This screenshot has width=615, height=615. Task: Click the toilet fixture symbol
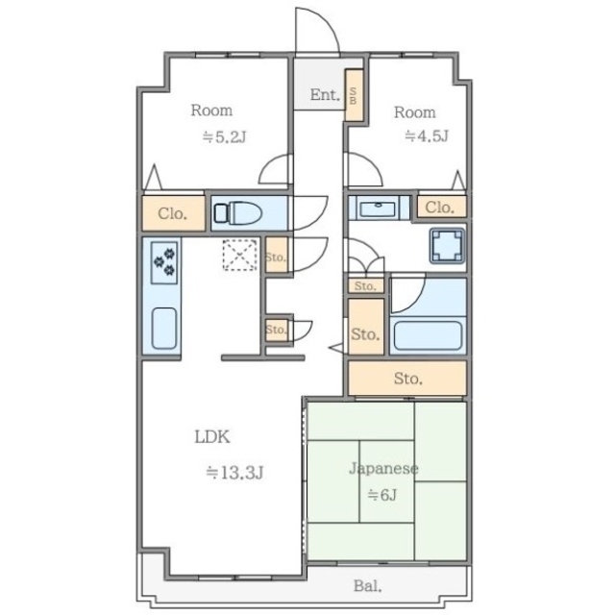[238, 213]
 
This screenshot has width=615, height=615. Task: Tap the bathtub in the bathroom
[428, 335]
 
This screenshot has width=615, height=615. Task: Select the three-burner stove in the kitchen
[164, 262]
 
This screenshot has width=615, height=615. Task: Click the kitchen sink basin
[164, 329]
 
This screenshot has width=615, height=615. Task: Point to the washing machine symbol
[447, 246]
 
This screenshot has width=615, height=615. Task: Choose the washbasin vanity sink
[378, 208]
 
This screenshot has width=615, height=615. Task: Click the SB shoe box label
[353, 95]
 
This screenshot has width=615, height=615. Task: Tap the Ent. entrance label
[325, 94]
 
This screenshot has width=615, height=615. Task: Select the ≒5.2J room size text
[224, 136]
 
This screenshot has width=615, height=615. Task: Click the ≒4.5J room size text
[427, 135]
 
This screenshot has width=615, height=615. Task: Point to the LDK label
[212, 436]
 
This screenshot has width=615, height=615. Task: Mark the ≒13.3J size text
[234, 472]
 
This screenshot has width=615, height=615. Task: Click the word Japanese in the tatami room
[383, 469]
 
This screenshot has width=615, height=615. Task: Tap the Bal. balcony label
[367, 586]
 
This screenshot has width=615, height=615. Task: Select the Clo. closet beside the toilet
[173, 213]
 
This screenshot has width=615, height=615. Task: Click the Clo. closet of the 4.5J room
[440, 208]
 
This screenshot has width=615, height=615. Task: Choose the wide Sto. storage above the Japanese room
[407, 378]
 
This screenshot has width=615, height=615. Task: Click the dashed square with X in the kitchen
[239, 255]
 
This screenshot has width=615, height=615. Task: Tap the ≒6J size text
[382, 495]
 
